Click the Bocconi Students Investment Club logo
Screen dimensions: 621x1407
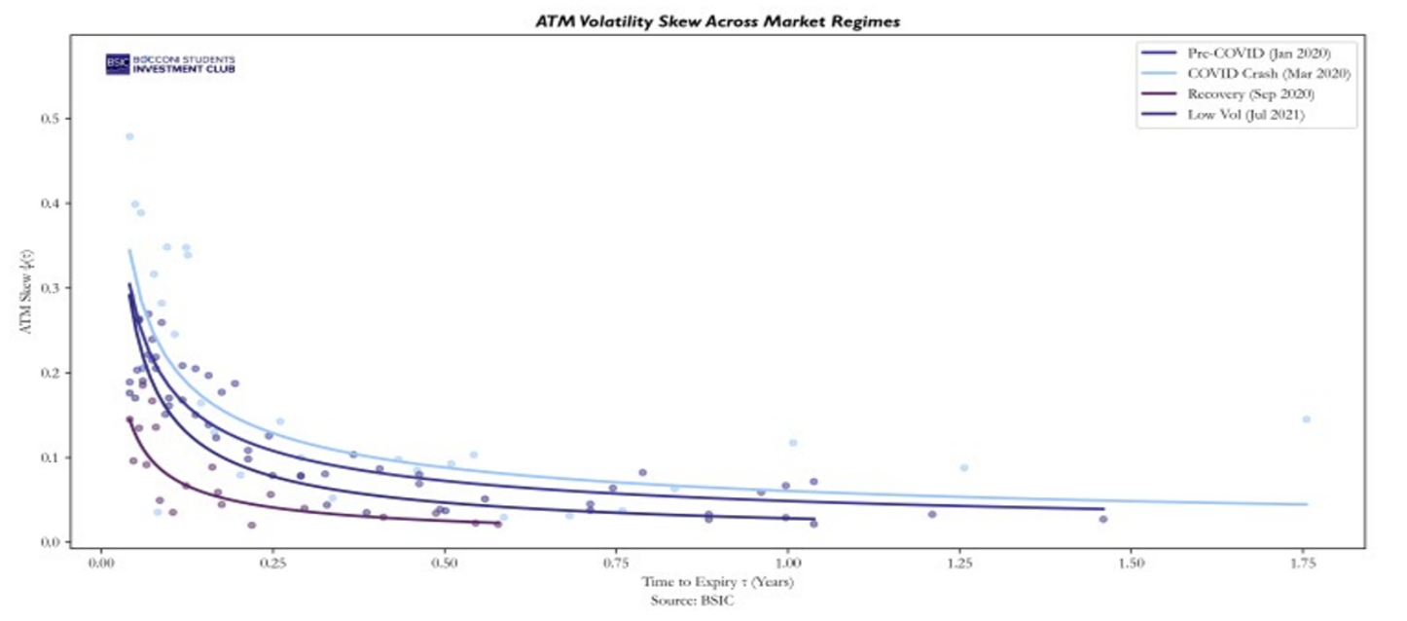[x=169, y=64]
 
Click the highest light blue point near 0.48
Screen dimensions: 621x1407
[x=129, y=136]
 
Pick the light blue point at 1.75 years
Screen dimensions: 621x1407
[x=1306, y=420]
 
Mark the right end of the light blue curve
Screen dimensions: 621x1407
[x=1307, y=504]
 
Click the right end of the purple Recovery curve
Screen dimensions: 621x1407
[x=499, y=524]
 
